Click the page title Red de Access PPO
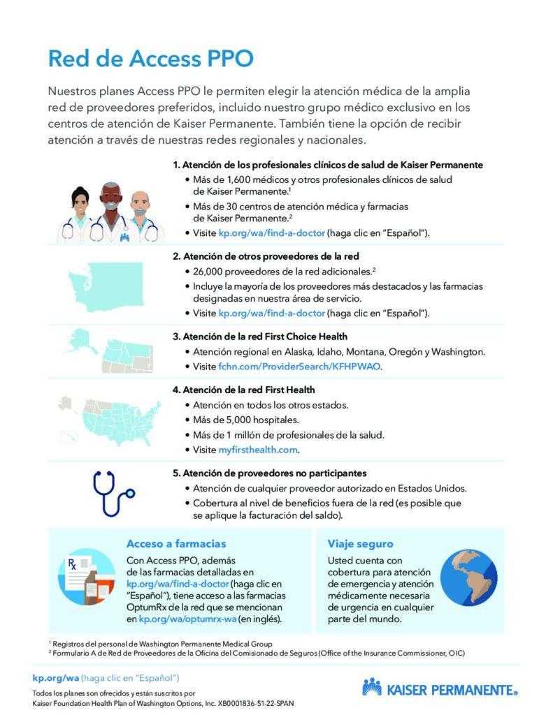click(x=150, y=59)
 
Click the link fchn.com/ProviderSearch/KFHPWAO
click(x=300, y=367)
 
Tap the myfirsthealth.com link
click(x=258, y=450)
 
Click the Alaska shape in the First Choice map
click(x=85, y=341)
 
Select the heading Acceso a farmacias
click(x=175, y=544)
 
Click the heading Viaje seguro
click(x=360, y=544)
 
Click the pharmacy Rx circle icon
click(x=87, y=577)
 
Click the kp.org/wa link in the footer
click(x=56, y=677)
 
